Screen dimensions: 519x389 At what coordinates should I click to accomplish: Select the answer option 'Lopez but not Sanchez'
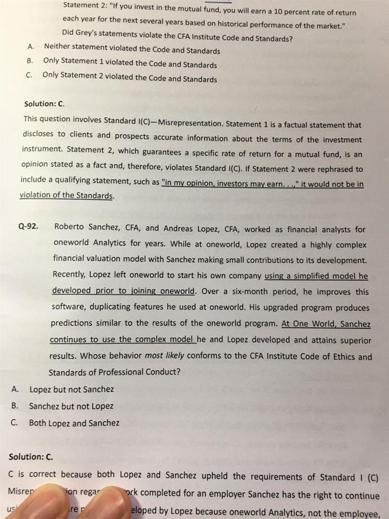(x=71, y=389)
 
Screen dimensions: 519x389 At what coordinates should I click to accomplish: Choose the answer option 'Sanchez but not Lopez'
(x=71, y=406)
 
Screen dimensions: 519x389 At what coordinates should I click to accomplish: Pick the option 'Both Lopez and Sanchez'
(x=74, y=423)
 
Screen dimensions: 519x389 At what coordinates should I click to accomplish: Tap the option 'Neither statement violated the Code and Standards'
(x=132, y=49)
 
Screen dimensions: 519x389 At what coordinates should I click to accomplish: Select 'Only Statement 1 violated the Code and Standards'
(x=130, y=63)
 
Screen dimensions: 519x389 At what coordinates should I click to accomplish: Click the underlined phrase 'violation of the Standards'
(x=66, y=195)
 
